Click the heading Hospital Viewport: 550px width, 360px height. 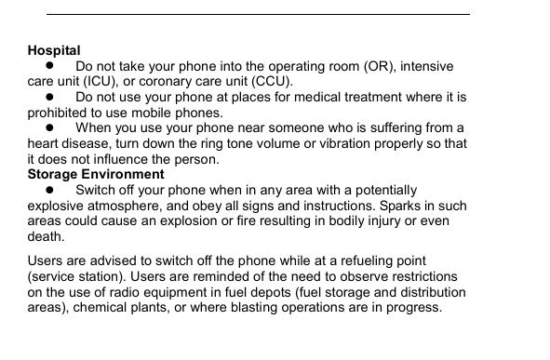[x=54, y=50]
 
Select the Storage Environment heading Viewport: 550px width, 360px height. [x=96, y=174]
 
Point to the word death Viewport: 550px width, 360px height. [x=46, y=236]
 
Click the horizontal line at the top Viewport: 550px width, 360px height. [x=258, y=14]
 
